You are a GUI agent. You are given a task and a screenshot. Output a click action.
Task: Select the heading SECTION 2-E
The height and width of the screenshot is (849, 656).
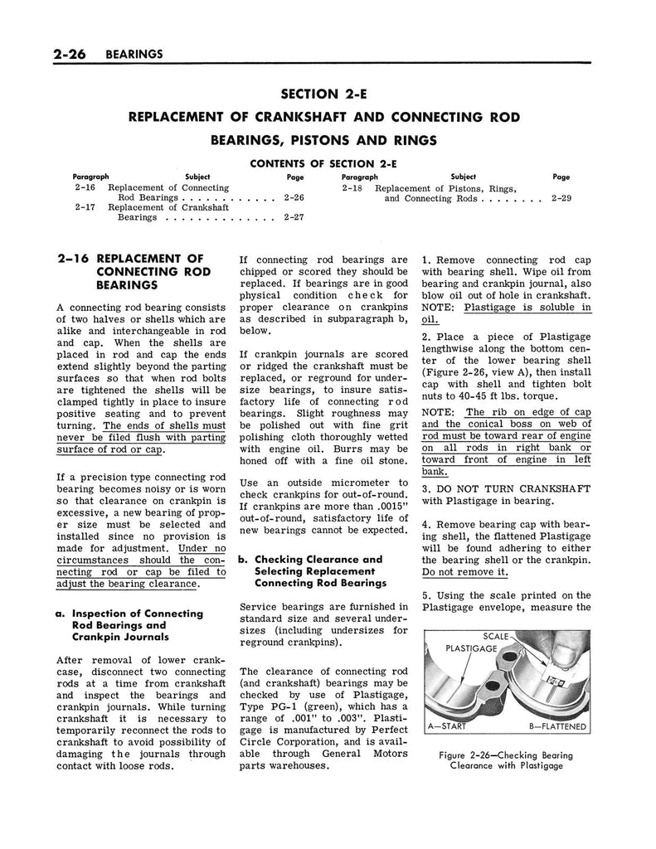pyautogui.click(x=328, y=95)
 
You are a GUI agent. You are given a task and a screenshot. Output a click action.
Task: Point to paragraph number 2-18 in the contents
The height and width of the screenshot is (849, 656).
pyautogui.click(x=353, y=188)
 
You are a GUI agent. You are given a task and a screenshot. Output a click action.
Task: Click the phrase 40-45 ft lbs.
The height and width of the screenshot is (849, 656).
pyautogui.click(x=469, y=395)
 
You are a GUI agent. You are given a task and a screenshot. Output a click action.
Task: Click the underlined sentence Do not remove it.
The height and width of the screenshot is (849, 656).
pyautogui.click(x=464, y=572)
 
